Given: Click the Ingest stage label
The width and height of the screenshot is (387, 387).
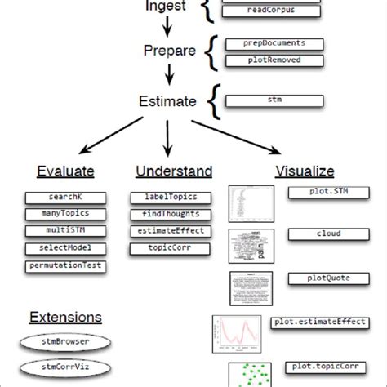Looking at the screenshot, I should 167,7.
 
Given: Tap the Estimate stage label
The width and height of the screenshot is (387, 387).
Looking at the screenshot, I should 167,103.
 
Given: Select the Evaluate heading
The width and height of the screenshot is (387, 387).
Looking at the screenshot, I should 65,171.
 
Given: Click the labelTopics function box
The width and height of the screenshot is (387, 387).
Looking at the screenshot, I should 170,198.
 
